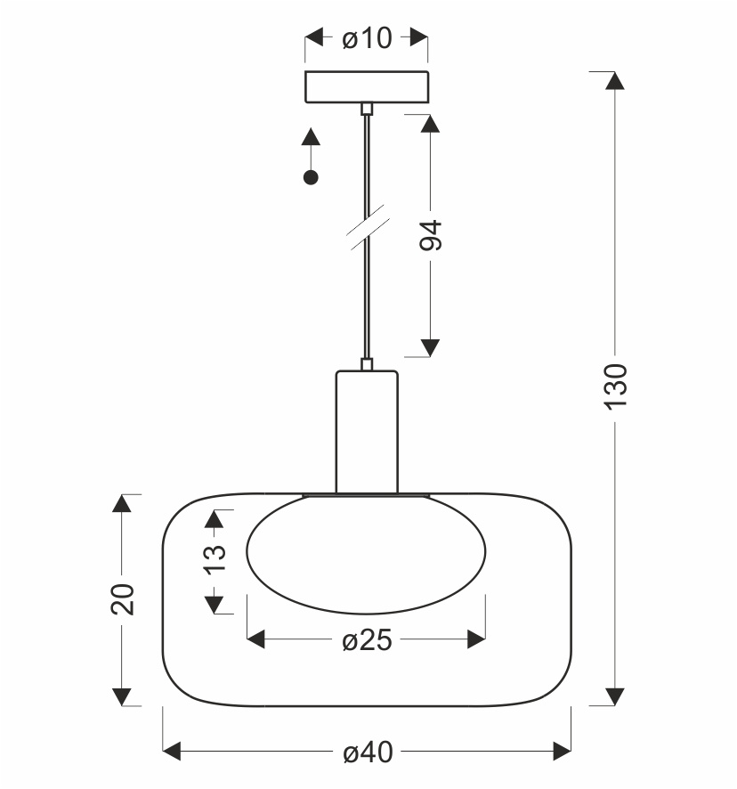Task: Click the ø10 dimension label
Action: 367,38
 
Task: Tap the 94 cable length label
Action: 431,235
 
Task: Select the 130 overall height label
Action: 615,386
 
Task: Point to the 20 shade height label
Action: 123,599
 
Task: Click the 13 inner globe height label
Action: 215,559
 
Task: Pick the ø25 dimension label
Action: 367,640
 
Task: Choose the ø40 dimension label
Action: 368,752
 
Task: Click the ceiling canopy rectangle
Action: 367,87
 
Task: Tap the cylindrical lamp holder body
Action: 367,432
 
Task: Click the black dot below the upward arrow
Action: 311,177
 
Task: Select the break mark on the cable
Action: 368,227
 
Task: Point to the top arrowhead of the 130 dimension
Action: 615,80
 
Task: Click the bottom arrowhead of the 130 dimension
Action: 615,696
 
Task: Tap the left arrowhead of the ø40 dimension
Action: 172,752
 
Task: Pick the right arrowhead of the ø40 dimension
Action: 562,752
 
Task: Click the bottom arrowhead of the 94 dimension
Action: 430,347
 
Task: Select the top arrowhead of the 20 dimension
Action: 122,503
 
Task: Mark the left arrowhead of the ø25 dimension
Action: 256,639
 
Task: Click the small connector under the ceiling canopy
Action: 367,109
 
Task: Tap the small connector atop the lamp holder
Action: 367,364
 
